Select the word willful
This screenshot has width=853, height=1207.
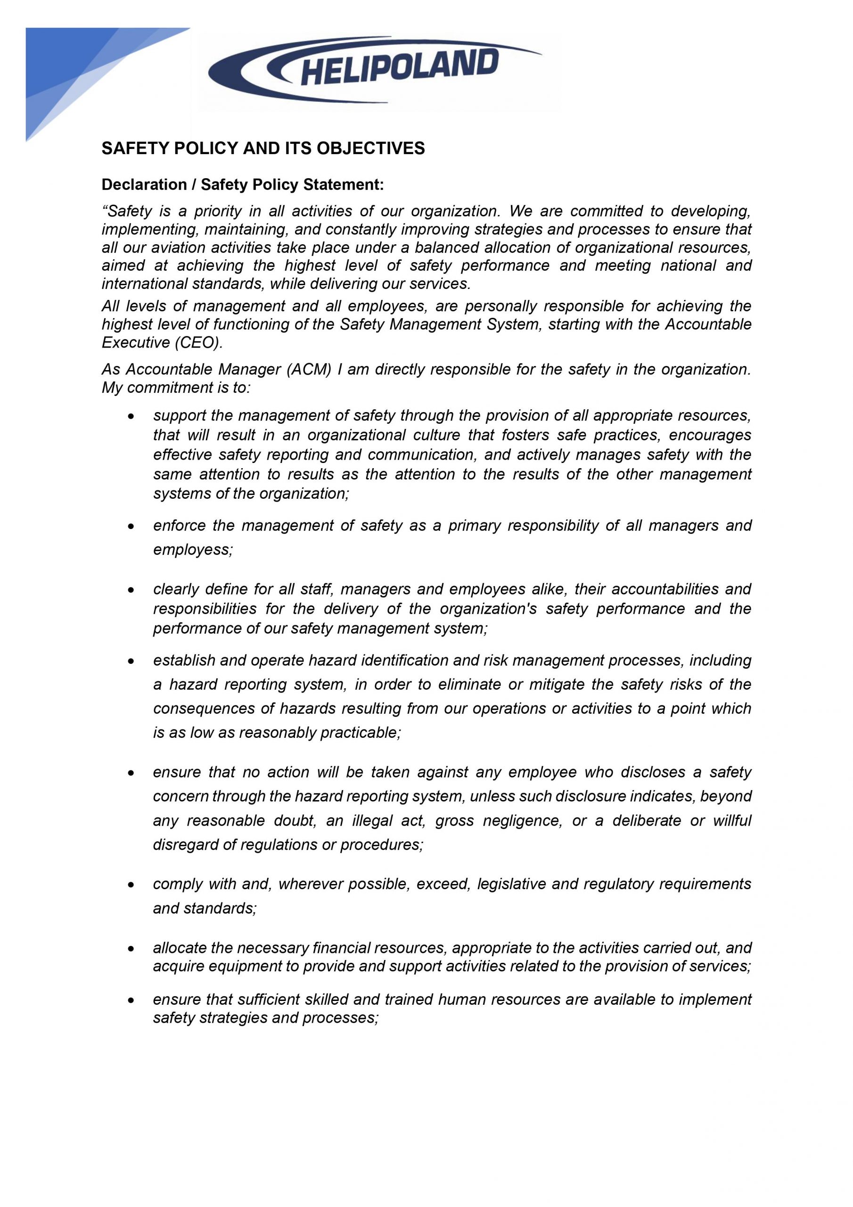pos(731,820)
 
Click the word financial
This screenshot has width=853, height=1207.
pos(342,948)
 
